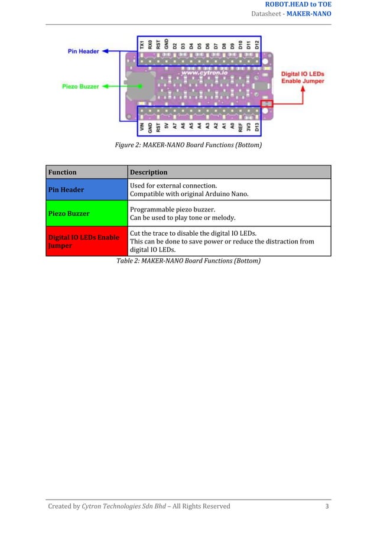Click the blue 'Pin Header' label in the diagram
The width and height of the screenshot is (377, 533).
(x=82, y=51)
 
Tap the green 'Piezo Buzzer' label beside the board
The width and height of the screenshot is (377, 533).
(x=80, y=86)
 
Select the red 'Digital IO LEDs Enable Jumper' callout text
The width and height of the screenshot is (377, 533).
(x=302, y=77)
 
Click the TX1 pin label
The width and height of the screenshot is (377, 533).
(x=142, y=44)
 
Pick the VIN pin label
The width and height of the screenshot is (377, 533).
(x=142, y=126)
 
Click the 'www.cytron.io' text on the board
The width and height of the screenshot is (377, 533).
(x=197, y=73)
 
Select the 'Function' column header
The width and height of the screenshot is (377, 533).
(x=63, y=172)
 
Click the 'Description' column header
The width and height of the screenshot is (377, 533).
(x=149, y=172)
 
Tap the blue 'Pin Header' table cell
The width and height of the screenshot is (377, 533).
(x=87, y=190)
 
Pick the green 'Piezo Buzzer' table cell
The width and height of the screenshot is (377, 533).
(x=87, y=213)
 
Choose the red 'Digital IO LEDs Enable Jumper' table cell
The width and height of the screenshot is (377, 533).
(x=87, y=241)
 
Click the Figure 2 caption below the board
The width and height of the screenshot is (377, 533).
(x=188, y=144)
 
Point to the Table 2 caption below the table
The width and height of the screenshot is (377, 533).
(x=188, y=261)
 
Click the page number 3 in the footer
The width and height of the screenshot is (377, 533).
(x=327, y=506)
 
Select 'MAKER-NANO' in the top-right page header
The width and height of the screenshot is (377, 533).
(x=309, y=14)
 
